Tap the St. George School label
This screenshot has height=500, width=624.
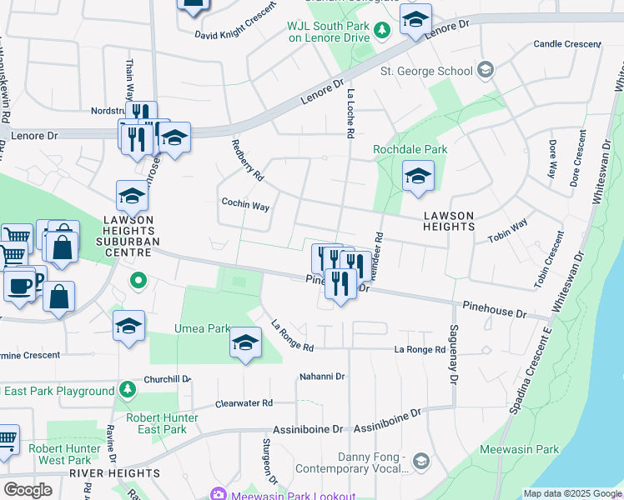click(x=426, y=71)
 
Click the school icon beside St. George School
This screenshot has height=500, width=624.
click(x=486, y=71)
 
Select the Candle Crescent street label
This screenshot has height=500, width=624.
click(x=567, y=44)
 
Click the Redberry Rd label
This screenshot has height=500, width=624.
click(x=247, y=161)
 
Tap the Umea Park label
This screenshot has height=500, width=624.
click(x=202, y=329)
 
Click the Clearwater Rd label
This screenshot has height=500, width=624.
click(x=244, y=403)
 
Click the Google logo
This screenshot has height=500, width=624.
click(x=28, y=489)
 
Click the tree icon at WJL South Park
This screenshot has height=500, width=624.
click(x=382, y=30)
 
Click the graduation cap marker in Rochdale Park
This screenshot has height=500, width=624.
click(x=418, y=176)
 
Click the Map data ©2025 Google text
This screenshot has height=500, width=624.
click(x=572, y=493)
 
